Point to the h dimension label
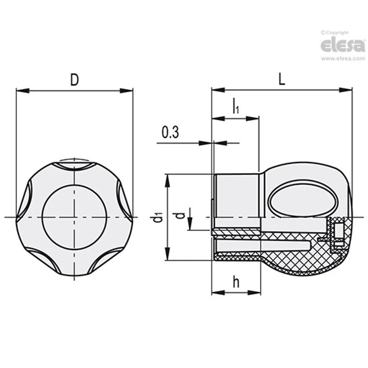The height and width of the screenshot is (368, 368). (236, 282)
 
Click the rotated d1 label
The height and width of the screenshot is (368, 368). (157, 217)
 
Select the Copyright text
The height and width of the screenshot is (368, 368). (335, 32)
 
